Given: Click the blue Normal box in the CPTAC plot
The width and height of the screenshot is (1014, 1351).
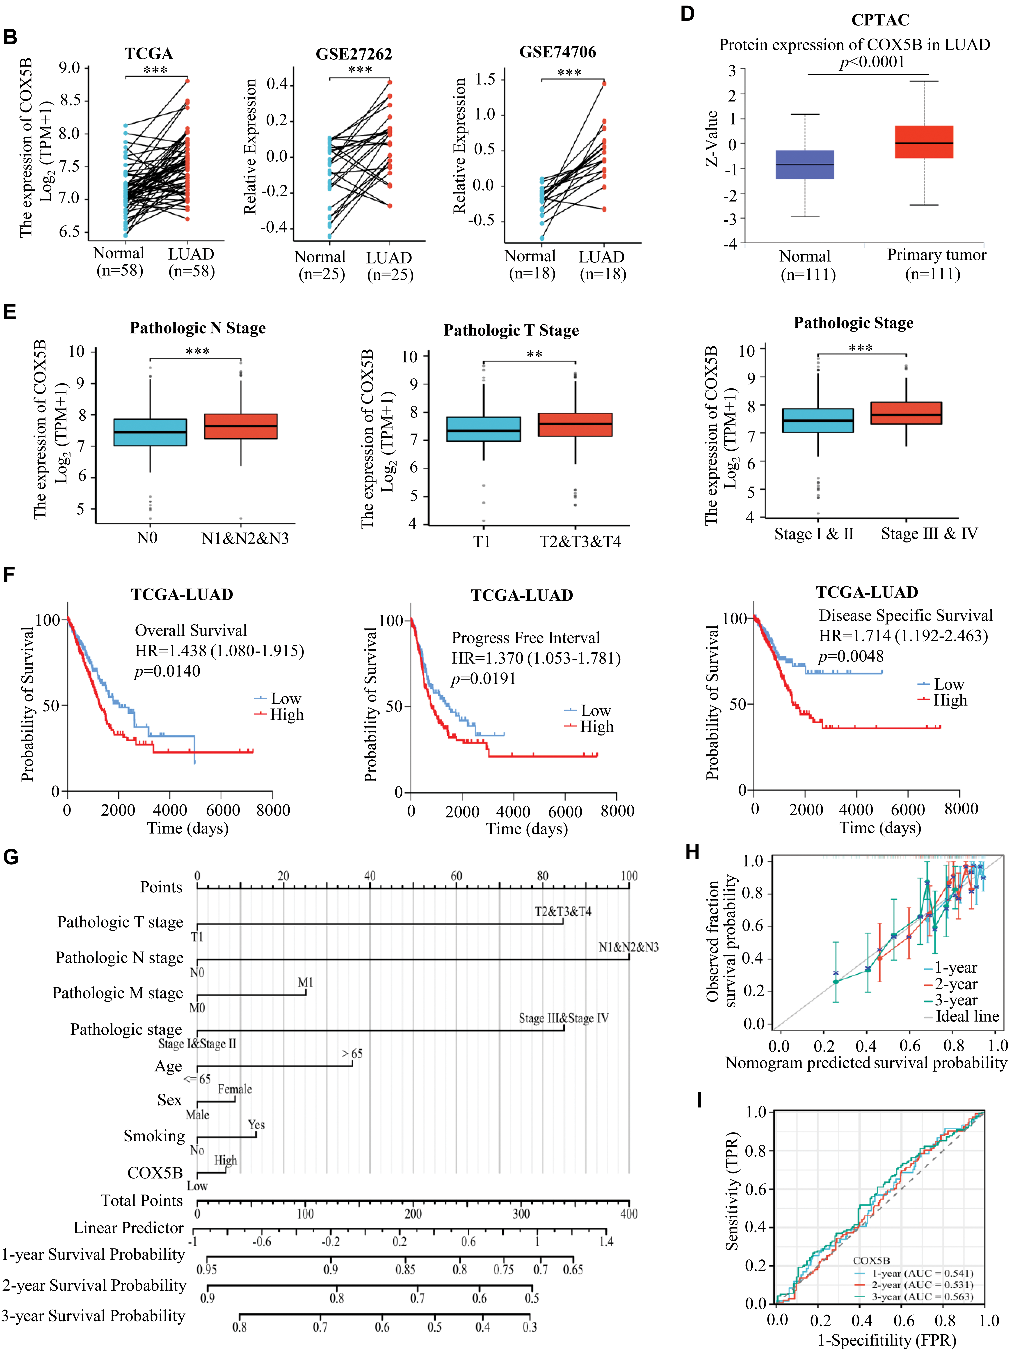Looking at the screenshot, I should [805, 164].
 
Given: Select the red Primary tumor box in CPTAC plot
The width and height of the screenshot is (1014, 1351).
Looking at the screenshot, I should [924, 142].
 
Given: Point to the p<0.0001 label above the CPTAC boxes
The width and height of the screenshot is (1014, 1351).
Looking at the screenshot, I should [872, 62].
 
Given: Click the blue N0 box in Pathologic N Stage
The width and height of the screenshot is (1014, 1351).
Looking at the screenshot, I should [150, 432].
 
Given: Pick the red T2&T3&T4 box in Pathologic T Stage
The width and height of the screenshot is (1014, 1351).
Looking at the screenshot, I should [575, 425].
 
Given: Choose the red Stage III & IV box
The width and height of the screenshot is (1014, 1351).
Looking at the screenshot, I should [906, 413].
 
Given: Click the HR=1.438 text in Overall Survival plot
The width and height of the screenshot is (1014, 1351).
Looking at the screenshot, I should [219, 651].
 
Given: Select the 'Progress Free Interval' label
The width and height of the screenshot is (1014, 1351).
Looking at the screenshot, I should [526, 638].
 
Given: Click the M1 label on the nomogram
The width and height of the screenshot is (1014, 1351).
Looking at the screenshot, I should [305, 983].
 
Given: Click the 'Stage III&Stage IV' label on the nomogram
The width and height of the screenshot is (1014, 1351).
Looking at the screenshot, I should [564, 1018].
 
